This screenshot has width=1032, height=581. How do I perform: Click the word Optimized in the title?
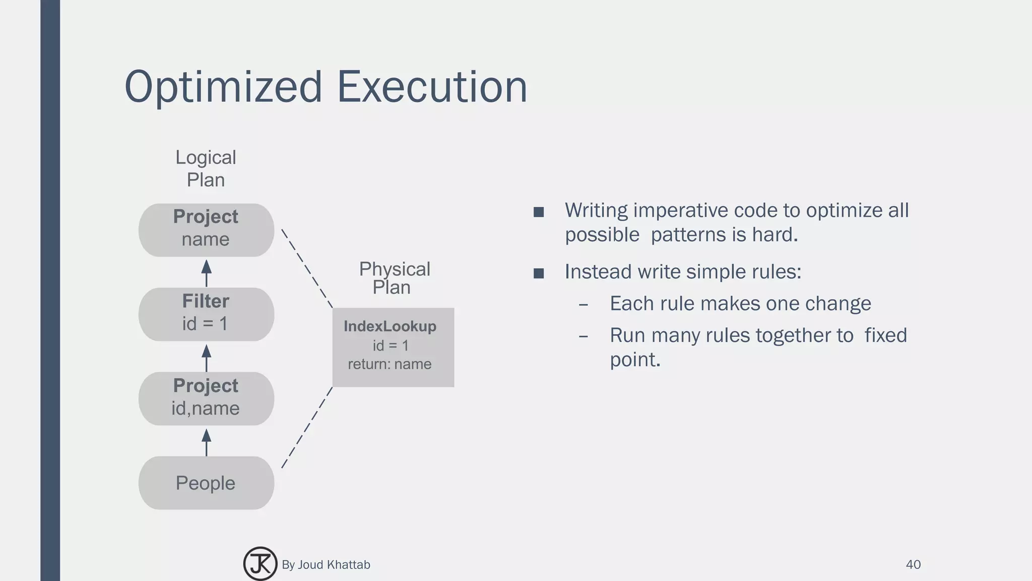tap(223, 87)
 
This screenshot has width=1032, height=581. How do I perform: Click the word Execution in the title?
tap(431, 87)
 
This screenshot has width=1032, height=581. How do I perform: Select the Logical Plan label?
tap(206, 168)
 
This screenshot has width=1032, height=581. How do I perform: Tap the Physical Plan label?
tap(394, 278)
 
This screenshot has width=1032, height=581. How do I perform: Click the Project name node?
tap(206, 230)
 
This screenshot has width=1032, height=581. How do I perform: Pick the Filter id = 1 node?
tap(206, 314)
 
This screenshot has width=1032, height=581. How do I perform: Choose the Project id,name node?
tap(206, 398)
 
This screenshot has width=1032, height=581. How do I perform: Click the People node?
tap(206, 483)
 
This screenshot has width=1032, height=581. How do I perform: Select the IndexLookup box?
tap(393, 347)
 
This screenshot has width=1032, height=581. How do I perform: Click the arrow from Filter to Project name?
tap(206, 273)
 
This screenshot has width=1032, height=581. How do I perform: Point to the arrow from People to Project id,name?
tap(206, 442)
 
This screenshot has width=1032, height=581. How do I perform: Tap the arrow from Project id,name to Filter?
tap(206, 358)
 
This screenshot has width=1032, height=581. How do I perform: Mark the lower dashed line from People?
tap(307, 428)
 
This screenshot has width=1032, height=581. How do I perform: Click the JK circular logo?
tap(260, 564)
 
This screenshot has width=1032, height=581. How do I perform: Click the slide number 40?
tap(913, 564)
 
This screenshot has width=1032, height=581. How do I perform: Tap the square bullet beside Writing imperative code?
tap(539, 212)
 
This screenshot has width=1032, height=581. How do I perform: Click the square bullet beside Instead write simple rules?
tap(539, 273)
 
